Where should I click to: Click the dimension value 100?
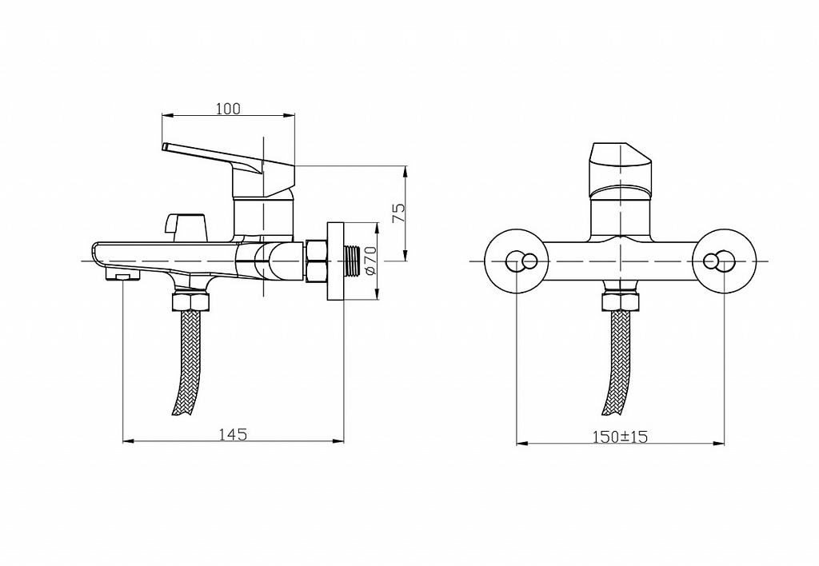point(228,109)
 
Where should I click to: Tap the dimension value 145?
point(233,434)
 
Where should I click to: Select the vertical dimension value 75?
point(398,213)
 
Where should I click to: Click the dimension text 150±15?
point(620,436)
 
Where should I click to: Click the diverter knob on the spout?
point(186,224)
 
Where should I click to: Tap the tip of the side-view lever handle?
point(165,146)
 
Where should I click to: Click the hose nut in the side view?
point(190,302)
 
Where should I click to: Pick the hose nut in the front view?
point(620,302)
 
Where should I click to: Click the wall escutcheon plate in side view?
point(335,261)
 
